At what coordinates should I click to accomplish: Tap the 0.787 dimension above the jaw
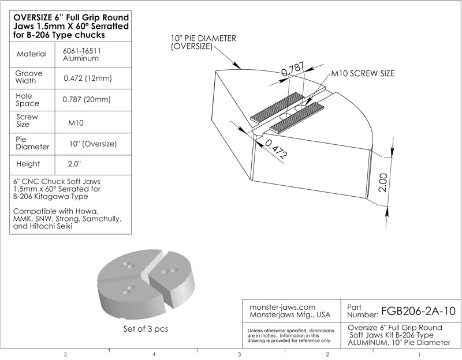point(293,69)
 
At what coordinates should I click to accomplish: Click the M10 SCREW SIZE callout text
point(363,73)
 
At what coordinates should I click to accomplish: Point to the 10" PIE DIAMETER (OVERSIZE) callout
point(204,42)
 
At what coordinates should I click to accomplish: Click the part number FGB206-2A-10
point(418,311)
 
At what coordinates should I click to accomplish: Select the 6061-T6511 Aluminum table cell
point(81,54)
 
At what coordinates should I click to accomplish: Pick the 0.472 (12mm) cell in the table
point(88,78)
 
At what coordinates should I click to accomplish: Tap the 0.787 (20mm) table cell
point(87,99)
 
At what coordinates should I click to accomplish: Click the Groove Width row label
point(29,77)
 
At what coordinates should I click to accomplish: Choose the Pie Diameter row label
point(32,143)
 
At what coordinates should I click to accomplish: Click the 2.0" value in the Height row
point(74,164)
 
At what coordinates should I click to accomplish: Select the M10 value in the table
point(76,123)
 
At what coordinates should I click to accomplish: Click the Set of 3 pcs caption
point(146,328)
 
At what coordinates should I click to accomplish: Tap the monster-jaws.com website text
point(282,307)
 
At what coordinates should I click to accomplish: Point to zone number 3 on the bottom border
point(239,354)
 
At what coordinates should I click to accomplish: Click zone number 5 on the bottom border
point(65,354)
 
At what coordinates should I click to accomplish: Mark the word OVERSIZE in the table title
point(32,17)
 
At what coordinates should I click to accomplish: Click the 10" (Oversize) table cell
point(93,144)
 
